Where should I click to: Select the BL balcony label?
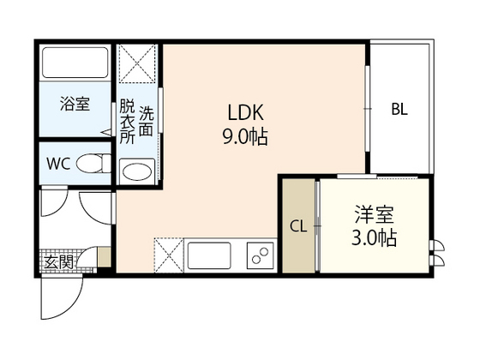coord(400,109)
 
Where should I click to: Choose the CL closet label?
coord(298,226)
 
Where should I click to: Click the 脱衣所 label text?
coord(127,123)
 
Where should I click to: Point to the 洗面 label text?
coord(147,123)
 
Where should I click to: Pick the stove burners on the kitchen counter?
coord(258,255)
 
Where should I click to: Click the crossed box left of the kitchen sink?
coord(167,255)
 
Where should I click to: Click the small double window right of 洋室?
coord(439,249)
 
